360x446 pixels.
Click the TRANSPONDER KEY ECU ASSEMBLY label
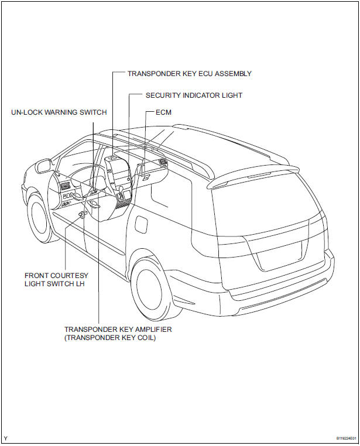coord(190,74)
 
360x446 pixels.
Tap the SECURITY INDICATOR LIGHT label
coord(194,95)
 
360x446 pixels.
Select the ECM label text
coord(163,112)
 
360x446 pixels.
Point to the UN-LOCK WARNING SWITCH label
coord(59,112)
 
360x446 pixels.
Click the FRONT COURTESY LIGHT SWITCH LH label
coord(56,279)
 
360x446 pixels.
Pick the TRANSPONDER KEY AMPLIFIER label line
coord(118,330)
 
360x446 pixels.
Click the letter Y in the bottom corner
coord(6,438)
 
